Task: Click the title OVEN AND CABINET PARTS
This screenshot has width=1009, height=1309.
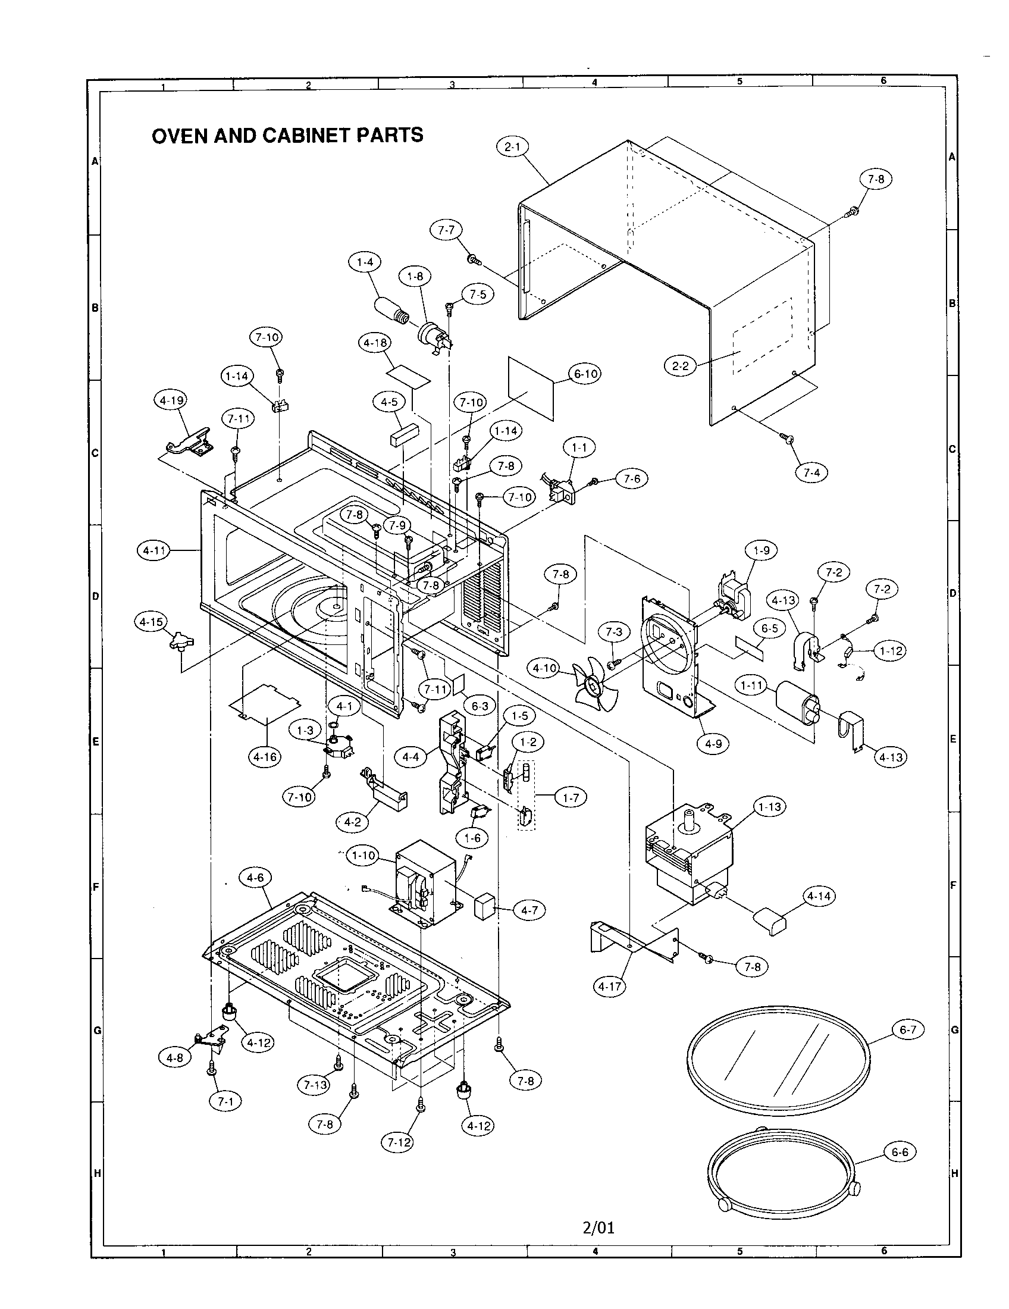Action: tap(287, 136)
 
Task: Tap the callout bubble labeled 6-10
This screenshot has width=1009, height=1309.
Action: tap(585, 374)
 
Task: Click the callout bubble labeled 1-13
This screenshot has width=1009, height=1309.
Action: tap(769, 807)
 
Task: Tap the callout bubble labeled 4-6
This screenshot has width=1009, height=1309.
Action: tap(255, 878)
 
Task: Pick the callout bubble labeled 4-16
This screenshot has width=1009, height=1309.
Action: tap(265, 757)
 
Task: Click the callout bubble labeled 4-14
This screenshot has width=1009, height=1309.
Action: tap(819, 896)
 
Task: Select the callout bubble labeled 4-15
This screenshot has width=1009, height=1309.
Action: tap(151, 622)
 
